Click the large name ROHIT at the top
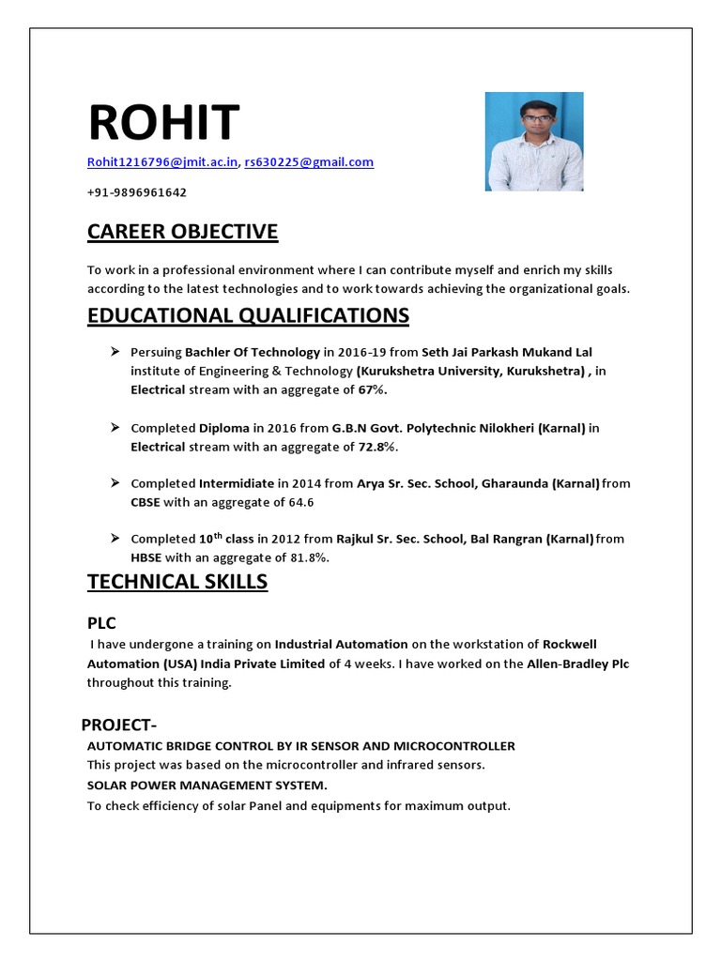coord(163,123)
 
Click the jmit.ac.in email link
coord(162,162)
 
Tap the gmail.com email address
coord(309,162)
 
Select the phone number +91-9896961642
coord(137,192)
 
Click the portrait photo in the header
coord(533,142)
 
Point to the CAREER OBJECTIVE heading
coord(182,232)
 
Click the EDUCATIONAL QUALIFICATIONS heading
coord(248,314)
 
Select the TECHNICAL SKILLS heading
coord(177,582)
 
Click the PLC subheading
coord(101,623)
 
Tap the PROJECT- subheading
coord(116,725)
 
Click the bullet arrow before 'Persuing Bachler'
coord(115,351)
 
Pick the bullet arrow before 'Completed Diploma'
coord(115,427)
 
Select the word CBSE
coord(146,502)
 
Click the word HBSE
coord(146,557)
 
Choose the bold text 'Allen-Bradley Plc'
coord(579,664)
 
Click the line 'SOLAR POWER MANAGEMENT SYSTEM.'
coord(207,785)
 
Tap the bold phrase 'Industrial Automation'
coord(341,644)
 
